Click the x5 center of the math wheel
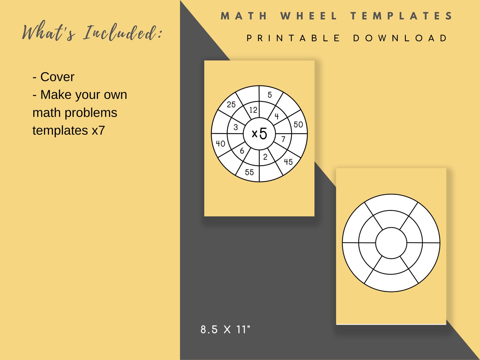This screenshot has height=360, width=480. click(259, 133)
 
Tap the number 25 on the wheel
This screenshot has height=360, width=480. click(231, 105)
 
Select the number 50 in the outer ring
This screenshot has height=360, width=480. click(298, 125)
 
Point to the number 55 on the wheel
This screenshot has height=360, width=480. click(249, 172)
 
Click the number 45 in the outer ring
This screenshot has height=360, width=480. click(288, 162)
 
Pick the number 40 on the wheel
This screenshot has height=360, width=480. click(220, 144)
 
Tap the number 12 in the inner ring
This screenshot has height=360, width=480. click(253, 110)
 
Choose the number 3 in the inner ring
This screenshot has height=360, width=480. click(236, 127)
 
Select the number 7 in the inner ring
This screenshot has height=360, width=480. click(283, 139)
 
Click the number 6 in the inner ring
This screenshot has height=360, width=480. click(242, 151)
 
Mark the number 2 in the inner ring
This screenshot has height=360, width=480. click(265, 157)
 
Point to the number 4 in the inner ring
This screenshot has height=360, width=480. click(277, 116)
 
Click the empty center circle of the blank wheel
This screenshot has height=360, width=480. click(391, 243)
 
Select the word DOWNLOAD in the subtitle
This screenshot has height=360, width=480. click(400, 38)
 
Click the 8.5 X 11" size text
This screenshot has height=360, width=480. click(225, 329)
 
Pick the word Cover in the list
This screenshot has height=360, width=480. click(57, 77)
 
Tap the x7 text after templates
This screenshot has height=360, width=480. click(98, 131)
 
